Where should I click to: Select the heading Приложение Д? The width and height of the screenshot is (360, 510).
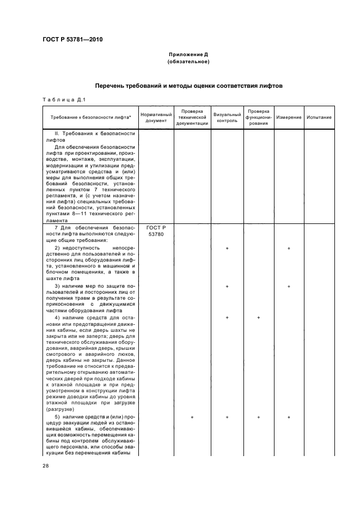click(x=188, y=55)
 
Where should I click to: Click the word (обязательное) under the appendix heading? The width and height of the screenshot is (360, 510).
click(x=188, y=62)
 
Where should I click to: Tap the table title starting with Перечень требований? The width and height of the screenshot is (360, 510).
click(x=188, y=86)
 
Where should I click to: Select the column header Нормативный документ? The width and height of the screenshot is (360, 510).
click(x=156, y=118)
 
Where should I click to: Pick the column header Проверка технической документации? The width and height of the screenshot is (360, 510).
click(x=192, y=118)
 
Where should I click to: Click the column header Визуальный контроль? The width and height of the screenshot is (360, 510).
click(x=227, y=118)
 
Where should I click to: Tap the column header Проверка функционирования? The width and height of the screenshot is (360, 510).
click(x=258, y=118)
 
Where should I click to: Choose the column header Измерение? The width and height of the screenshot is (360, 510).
click(x=289, y=118)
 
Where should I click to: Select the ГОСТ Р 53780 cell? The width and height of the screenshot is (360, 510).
click(x=156, y=231)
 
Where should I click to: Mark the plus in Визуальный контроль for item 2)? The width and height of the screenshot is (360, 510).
click(x=227, y=248)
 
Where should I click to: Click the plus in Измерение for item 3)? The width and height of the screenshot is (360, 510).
click(x=289, y=286)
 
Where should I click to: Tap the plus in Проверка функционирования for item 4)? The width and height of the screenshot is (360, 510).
click(x=258, y=317)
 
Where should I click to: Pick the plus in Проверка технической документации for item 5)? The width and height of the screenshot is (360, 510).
click(x=192, y=417)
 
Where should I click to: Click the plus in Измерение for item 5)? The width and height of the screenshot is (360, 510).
click(x=289, y=417)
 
